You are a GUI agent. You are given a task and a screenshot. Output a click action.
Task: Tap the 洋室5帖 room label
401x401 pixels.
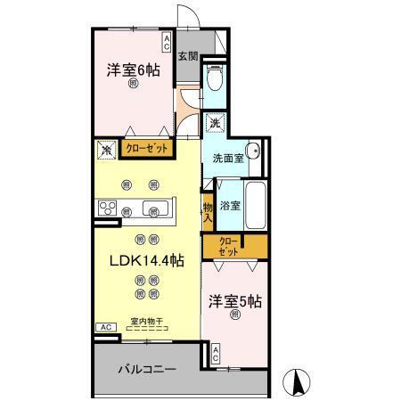click(x=234, y=302)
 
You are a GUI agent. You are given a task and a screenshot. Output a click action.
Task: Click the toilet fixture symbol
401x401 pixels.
click(x=213, y=80)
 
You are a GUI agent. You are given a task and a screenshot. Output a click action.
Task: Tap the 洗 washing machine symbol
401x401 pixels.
click(x=215, y=124)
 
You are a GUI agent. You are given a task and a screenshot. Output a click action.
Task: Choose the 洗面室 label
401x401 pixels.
click(x=227, y=159)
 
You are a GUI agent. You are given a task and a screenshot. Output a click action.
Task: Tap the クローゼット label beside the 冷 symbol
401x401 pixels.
click(x=145, y=150)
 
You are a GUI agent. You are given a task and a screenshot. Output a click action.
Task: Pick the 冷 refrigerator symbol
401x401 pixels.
click(x=106, y=150)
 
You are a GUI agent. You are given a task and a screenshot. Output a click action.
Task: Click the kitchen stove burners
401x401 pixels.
click(x=108, y=209)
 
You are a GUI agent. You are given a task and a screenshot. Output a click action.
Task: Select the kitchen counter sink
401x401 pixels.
click(x=159, y=209)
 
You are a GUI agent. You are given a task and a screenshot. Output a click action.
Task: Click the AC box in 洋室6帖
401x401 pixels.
click(x=167, y=40)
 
